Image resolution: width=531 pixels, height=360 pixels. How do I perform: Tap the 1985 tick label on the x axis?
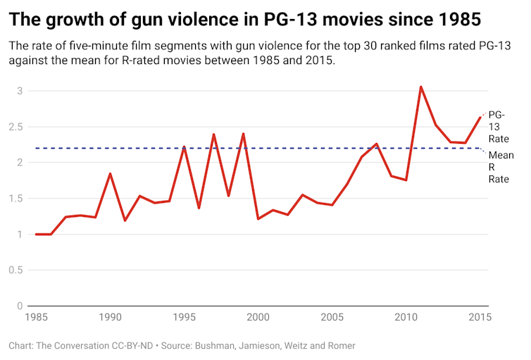pos(35,318)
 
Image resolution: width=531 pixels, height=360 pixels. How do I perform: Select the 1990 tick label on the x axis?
pos(109,318)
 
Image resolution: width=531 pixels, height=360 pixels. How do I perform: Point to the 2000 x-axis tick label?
pos(258,318)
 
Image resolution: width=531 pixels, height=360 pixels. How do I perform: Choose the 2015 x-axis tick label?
pos(478,318)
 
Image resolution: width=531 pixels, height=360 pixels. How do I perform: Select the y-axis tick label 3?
pos(20,91)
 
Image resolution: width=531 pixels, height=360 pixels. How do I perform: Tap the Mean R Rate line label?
pos(500,167)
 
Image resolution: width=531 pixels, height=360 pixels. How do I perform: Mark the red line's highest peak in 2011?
pos(420,87)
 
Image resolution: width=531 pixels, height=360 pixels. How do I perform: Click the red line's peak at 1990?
pos(110,173)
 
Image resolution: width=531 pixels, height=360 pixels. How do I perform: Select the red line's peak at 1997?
pos(213,134)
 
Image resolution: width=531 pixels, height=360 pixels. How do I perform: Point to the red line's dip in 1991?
pos(125,221)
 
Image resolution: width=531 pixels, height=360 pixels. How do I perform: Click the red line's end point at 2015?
pos(480,117)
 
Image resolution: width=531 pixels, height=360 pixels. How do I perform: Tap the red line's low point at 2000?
pos(258,219)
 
